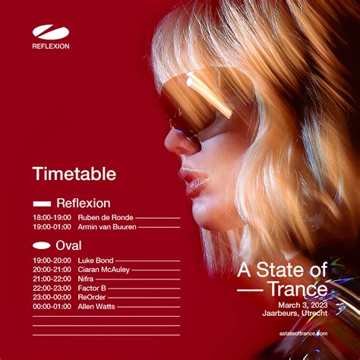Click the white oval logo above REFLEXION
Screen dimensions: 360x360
[51, 32]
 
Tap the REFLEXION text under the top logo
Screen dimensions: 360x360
[51, 46]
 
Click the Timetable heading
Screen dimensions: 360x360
[74, 174]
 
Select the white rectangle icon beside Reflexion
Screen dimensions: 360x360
[42, 204]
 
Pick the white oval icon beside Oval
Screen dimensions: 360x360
[42, 245]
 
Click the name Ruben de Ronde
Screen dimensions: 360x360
[106, 217]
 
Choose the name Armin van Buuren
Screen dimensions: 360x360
[107, 227]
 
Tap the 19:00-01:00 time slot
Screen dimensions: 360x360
[52, 227]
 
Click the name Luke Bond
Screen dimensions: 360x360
[96, 261]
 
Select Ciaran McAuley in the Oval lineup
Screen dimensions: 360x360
[104, 270]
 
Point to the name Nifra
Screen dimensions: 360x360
[86, 279]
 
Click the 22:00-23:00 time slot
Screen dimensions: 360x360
[52, 288]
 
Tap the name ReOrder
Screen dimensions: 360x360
[92, 297]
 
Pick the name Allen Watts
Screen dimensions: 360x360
[96, 307]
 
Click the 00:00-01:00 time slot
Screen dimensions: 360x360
[52, 307]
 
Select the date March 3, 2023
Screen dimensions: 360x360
[303, 305]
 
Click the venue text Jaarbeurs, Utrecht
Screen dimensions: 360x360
[295, 313]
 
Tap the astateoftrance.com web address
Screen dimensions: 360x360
[303, 333]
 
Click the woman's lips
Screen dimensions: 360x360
[194, 180]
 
